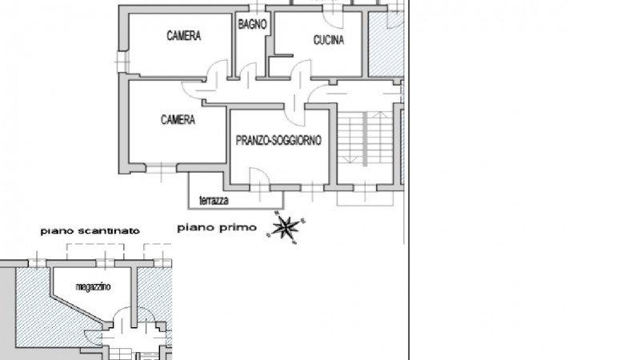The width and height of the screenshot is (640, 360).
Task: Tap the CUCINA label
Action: (x=328, y=41)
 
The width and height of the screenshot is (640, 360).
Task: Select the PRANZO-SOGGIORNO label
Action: (x=278, y=140)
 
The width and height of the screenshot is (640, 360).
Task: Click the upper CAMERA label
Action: (x=183, y=36)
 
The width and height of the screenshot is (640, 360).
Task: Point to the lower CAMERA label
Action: (x=178, y=120)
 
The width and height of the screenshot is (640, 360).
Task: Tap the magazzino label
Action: (x=93, y=286)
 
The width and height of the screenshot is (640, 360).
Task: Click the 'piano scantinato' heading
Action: (x=90, y=230)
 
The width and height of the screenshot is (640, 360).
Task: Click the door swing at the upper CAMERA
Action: (x=216, y=74)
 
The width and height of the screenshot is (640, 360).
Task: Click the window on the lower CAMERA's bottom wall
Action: (x=161, y=169)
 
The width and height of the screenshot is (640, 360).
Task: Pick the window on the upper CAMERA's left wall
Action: (x=121, y=59)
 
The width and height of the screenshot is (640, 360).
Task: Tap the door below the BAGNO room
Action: (x=246, y=74)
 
